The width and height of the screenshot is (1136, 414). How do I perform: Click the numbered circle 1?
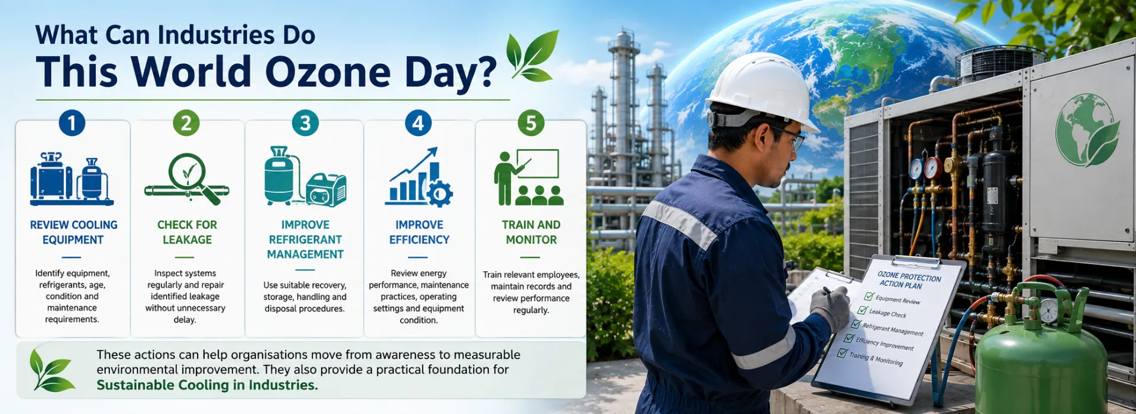72,123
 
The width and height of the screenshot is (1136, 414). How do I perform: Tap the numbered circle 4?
418,123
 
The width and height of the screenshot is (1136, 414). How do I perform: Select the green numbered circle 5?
531,123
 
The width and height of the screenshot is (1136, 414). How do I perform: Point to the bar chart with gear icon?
419,177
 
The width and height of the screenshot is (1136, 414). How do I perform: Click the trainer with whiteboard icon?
528,177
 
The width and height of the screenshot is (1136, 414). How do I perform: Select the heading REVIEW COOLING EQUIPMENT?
73,232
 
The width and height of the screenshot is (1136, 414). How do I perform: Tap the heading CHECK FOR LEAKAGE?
187,232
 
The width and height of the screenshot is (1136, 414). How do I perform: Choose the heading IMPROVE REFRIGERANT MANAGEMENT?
305,240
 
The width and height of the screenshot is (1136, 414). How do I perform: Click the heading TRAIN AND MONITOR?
531,232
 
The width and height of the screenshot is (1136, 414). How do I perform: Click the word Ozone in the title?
328,72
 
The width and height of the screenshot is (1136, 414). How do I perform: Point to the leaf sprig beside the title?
532,56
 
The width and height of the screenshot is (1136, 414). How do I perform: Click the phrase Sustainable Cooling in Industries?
207,385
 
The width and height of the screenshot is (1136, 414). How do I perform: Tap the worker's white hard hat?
761,89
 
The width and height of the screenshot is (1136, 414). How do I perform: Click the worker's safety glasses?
790,137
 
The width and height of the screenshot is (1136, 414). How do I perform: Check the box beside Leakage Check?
863,310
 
